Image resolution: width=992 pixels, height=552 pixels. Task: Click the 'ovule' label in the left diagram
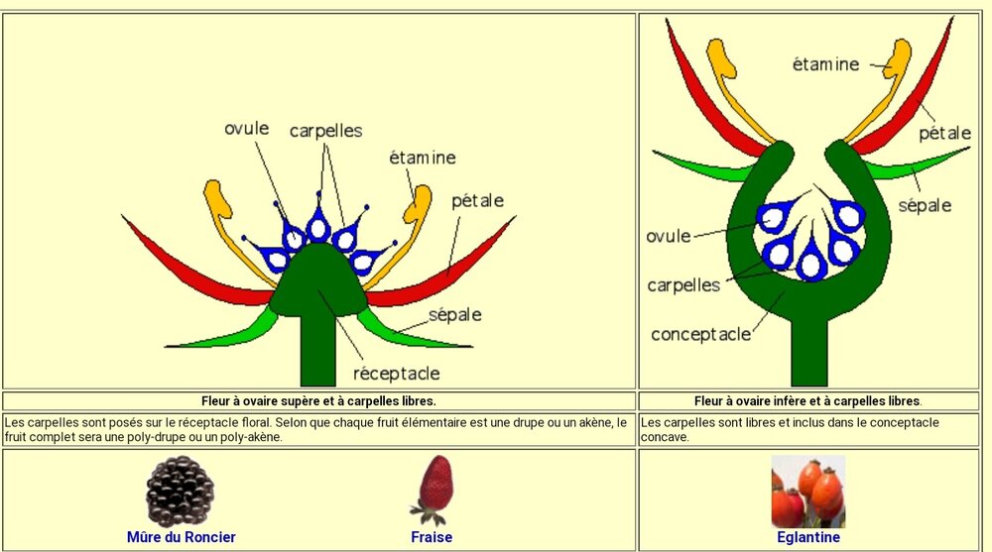click(x=247, y=129)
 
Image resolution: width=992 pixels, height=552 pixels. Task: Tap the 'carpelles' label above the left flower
click(x=325, y=131)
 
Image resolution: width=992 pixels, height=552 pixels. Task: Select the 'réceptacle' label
click(x=396, y=374)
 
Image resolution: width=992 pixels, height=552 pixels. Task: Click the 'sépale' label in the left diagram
click(x=455, y=315)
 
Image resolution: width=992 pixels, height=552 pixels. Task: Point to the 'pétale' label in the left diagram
click(x=477, y=201)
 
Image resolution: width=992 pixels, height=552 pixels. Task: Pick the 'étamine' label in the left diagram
click(x=423, y=158)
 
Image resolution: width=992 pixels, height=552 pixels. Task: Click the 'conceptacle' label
click(x=700, y=334)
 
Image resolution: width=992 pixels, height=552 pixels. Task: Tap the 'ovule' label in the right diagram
click(x=668, y=236)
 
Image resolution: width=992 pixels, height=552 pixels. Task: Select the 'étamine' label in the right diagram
click(x=826, y=64)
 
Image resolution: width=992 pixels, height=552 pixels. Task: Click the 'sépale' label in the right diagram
click(x=925, y=205)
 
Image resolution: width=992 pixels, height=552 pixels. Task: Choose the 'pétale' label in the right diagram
click(x=944, y=133)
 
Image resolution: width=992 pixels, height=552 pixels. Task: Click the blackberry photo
click(x=180, y=491)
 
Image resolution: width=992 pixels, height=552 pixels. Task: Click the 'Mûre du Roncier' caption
click(x=182, y=537)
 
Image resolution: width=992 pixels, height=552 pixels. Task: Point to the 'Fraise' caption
click(x=432, y=537)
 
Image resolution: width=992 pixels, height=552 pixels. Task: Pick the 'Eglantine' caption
click(x=808, y=537)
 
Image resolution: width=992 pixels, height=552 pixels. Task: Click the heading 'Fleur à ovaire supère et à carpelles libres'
click(x=318, y=401)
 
